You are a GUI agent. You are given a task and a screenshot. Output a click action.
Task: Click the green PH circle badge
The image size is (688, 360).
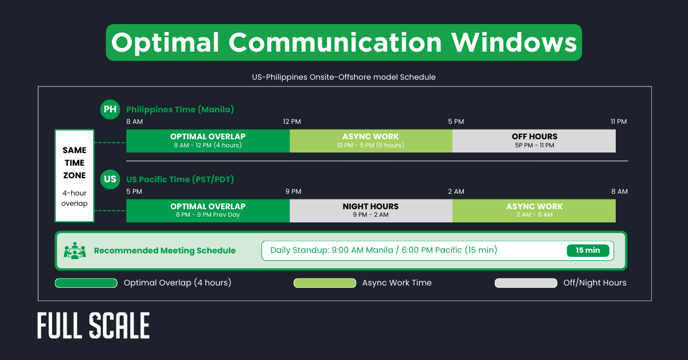110,109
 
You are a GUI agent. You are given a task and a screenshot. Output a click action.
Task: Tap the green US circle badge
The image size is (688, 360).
110,179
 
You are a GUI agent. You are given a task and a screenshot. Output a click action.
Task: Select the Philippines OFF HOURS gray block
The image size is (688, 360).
534,141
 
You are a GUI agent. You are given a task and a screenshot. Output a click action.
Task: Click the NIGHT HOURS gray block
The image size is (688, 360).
370,210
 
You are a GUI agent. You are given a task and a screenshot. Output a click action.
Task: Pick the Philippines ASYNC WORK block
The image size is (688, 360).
370,141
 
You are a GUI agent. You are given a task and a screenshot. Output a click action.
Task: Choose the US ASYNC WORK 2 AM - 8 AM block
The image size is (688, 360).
534,210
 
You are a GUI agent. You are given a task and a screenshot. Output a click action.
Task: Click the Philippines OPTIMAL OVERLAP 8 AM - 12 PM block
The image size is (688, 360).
208,141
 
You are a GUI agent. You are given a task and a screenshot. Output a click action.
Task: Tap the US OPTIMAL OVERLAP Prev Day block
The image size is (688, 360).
208,210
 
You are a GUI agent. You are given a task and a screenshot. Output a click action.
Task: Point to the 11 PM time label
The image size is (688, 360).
619,122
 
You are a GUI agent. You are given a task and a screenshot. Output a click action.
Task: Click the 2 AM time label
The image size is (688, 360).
456,191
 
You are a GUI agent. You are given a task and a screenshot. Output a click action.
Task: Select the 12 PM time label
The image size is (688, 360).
292,122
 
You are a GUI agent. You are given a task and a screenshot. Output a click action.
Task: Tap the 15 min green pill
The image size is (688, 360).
588,251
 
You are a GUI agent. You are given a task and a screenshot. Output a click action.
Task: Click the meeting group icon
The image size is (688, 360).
75,251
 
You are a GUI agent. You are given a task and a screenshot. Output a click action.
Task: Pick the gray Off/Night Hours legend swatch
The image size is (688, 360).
526,283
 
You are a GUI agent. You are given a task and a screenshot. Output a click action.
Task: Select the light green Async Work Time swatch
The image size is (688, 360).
325,283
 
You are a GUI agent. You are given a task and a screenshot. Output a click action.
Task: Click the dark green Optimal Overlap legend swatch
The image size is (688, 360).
86,283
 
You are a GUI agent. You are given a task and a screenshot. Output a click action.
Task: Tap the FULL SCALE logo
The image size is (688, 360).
93,326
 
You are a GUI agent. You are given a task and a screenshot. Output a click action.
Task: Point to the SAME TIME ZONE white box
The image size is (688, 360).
75,175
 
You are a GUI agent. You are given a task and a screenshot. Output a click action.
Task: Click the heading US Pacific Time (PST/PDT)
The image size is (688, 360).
180,179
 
